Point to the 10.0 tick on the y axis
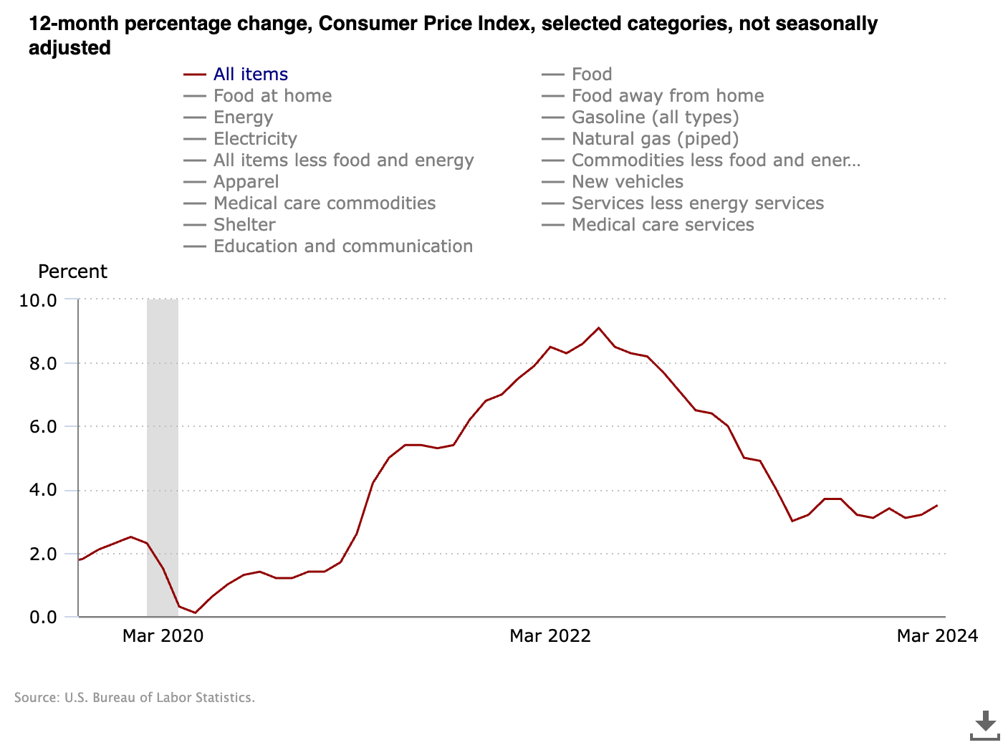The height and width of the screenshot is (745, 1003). coord(38,300)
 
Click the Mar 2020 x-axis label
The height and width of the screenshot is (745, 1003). coord(163,636)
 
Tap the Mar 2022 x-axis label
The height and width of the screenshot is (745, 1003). coord(550,636)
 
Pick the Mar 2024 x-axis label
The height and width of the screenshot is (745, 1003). coord(937,636)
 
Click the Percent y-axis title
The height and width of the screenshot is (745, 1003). coord(72,272)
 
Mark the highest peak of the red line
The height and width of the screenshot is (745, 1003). coord(598,328)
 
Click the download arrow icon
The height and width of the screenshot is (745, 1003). coord(985,725)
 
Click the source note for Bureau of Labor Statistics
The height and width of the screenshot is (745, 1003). coord(135,698)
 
